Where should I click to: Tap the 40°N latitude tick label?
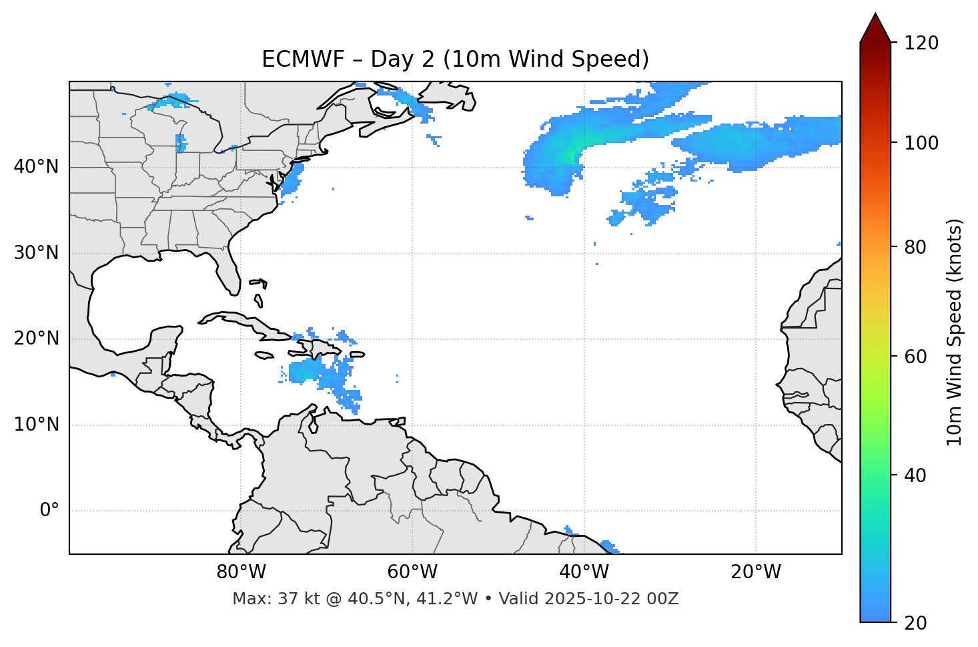click(36, 167)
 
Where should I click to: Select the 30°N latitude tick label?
click(36, 253)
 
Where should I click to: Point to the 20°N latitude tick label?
click(36, 339)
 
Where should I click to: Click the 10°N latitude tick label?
click(36, 425)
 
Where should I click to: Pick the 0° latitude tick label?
click(49, 510)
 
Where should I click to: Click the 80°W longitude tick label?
click(241, 572)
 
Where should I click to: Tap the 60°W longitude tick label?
click(412, 572)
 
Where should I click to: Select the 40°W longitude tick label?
click(584, 572)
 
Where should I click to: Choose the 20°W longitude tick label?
click(755, 572)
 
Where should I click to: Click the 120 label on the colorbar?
click(921, 43)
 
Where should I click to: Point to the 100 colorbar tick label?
click(921, 143)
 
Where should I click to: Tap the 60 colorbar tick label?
click(917, 357)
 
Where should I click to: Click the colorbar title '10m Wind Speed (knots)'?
click(955, 332)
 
